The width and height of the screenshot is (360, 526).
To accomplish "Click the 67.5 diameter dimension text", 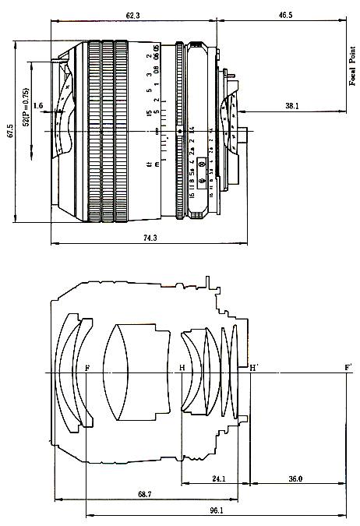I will click(x=10, y=132).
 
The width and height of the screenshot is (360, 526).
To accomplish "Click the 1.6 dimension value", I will click(x=38, y=105).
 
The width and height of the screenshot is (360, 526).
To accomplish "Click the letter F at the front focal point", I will click(x=86, y=367).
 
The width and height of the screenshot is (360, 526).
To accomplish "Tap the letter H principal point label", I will click(x=182, y=367).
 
